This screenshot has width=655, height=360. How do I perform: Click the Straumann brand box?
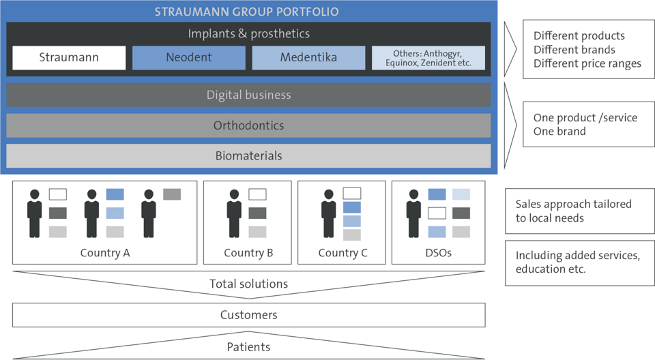point(69,58)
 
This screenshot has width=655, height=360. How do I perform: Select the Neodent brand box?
point(189,58)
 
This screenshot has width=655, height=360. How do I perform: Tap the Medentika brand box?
point(308,58)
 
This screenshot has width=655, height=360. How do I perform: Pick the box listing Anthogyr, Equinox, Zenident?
point(428,58)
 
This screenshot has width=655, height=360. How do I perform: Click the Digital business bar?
point(248,95)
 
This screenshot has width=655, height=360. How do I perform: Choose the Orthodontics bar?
point(248,125)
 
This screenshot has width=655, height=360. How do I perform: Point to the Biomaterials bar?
point(248,155)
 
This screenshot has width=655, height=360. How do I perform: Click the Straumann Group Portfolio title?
point(247,12)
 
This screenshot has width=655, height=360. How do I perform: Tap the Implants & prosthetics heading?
point(249,33)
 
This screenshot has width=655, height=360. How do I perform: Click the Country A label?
point(105,253)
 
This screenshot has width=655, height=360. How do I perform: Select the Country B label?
point(248,253)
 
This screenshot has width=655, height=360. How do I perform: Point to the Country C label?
point(343,253)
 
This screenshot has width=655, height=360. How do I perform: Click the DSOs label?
point(438,253)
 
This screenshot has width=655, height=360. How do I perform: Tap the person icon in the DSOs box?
point(413,213)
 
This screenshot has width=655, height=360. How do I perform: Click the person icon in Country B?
point(234,213)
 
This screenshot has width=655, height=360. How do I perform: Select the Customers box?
point(248,315)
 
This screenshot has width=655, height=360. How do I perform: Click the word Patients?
point(248,346)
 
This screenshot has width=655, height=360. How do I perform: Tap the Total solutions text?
point(248,284)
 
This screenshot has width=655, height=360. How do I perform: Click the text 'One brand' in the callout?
point(559,131)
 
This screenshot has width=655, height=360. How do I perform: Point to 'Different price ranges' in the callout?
point(587,63)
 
